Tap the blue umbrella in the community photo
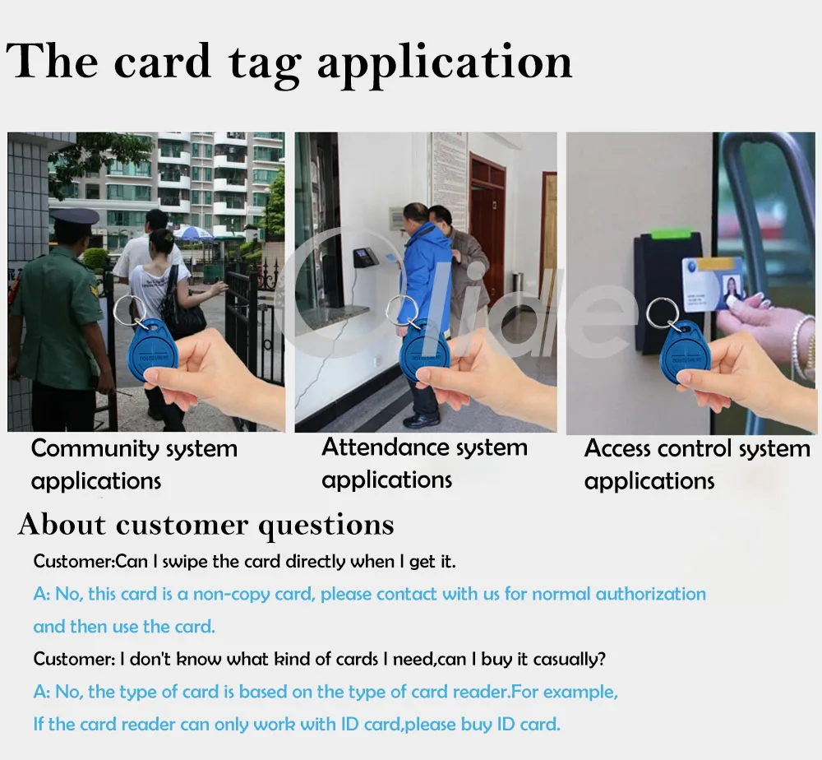tap(194, 234)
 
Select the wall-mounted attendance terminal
tap(364, 257)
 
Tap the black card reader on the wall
tap(666, 280)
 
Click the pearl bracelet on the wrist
tap(801, 345)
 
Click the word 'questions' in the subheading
tap(326, 525)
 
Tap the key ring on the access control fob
tap(663, 313)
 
